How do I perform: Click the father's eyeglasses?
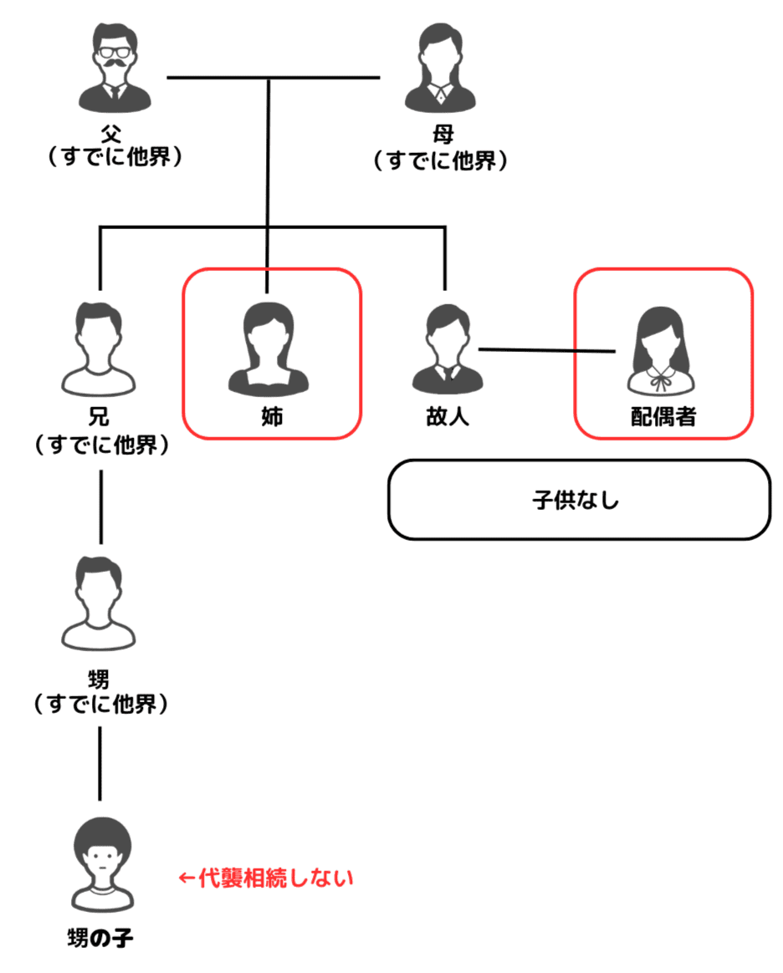click(x=117, y=53)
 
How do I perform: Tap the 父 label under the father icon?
click(x=117, y=135)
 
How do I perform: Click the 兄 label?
click(x=100, y=416)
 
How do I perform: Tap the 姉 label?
click(x=272, y=416)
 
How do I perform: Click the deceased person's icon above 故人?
click(x=445, y=347)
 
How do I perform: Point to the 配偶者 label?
click(x=663, y=416)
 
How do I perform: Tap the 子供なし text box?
click(x=578, y=500)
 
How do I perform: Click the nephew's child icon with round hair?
click(x=100, y=864)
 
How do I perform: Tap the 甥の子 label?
click(x=100, y=936)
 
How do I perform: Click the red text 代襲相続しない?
click(x=267, y=878)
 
